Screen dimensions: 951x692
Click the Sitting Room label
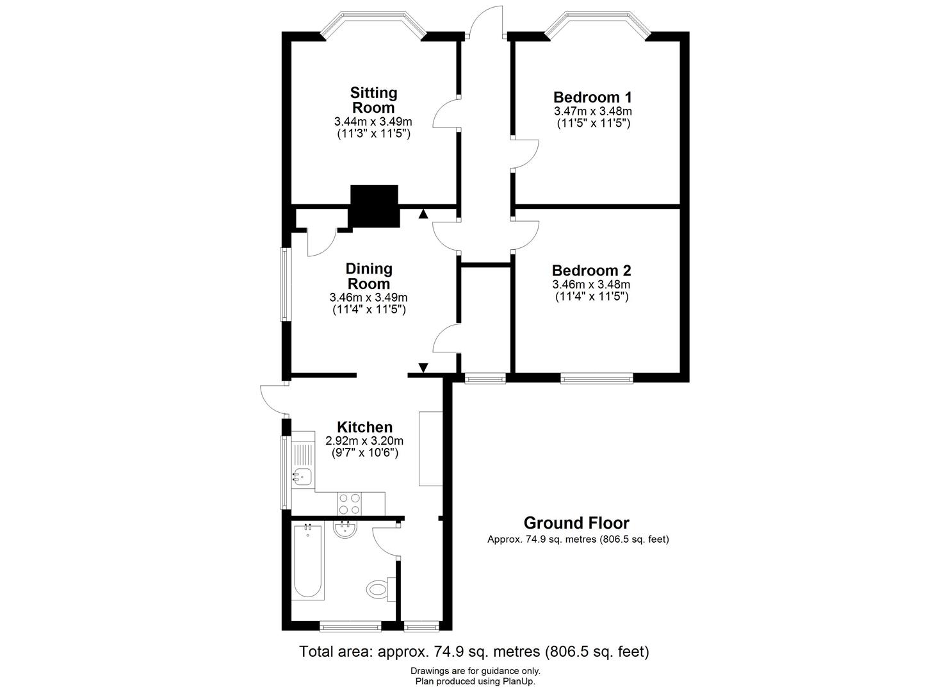(373, 100)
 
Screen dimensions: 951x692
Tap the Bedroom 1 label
(592, 97)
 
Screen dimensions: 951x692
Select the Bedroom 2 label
(591, 270)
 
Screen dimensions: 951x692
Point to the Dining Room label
(368, 276)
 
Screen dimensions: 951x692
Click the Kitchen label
(364, 427)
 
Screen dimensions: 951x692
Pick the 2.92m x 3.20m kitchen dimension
(364, 441)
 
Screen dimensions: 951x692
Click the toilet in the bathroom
(381, 589)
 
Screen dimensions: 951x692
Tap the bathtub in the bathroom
(308, 561)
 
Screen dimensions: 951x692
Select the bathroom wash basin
(345, 530)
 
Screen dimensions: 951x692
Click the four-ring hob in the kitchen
(350, 504)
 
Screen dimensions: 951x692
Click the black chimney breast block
(374, 206)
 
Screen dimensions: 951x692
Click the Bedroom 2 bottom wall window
(596, 378)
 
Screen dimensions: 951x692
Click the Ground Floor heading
(576, 523)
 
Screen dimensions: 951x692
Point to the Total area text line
(475, 651)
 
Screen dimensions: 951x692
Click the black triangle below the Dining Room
(423, 368)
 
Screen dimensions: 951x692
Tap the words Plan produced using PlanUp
(475, 682)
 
